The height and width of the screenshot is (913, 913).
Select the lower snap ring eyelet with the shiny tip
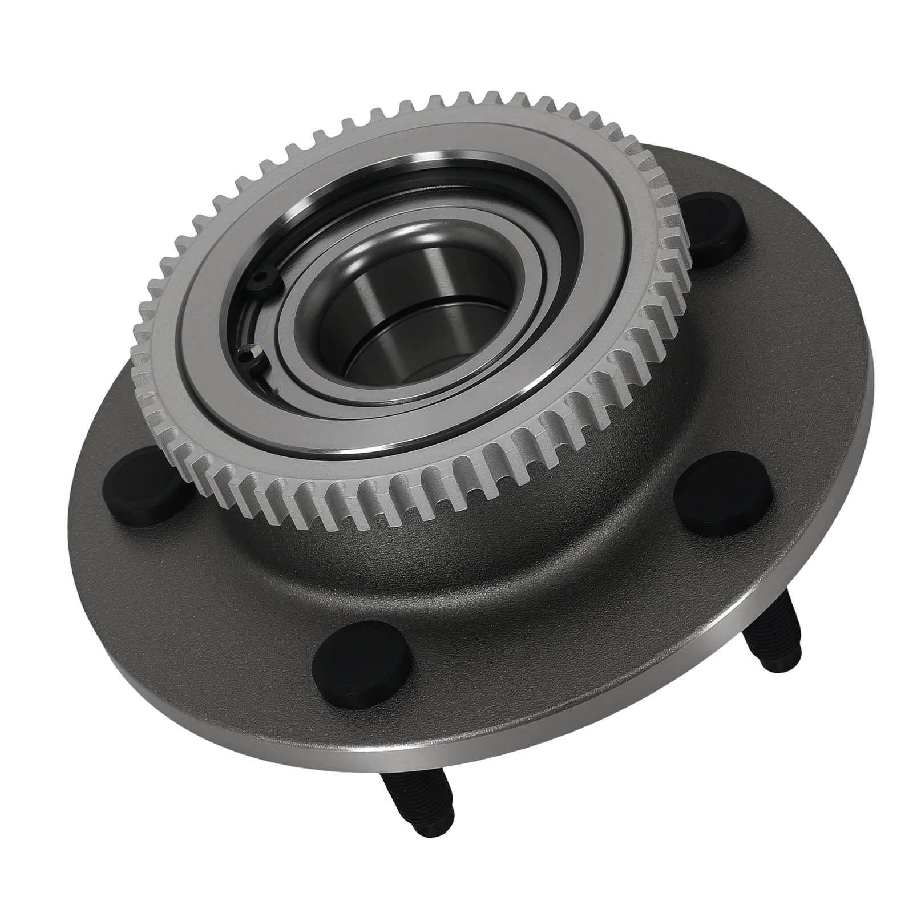pos(249,355)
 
